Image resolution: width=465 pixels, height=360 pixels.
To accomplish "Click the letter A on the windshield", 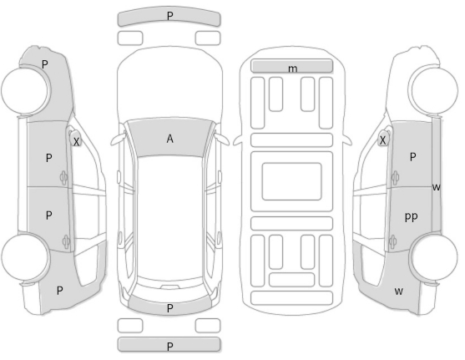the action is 169,139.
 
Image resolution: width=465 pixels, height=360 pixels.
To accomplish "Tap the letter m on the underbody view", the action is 292,68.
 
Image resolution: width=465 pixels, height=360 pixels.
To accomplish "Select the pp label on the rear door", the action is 411,216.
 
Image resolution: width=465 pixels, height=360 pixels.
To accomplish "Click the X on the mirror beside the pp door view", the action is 383,140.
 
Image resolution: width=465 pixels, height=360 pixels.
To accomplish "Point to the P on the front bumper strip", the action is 170,16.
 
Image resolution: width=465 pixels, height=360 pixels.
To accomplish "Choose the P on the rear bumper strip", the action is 170,347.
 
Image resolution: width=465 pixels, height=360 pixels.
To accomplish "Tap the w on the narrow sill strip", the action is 437,187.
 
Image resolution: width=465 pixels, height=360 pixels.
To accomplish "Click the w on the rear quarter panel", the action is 399,292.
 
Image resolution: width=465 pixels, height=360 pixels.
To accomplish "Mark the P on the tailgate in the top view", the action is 170,308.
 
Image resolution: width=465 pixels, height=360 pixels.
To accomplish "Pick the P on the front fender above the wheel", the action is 45,64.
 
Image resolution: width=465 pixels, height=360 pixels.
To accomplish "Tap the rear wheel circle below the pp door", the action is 434,256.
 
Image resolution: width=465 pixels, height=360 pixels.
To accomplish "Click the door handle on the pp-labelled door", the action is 393,241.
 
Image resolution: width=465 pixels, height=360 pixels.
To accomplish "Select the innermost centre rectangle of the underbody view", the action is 291,181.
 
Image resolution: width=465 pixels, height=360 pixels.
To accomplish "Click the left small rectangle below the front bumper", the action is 130,38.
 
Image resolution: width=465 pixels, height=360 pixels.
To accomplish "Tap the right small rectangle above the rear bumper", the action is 208,326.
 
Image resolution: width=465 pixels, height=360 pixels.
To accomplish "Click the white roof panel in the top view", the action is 169,218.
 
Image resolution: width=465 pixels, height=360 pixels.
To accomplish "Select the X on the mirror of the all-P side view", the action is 76,142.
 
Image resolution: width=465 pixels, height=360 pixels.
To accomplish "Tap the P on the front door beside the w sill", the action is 412,157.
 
